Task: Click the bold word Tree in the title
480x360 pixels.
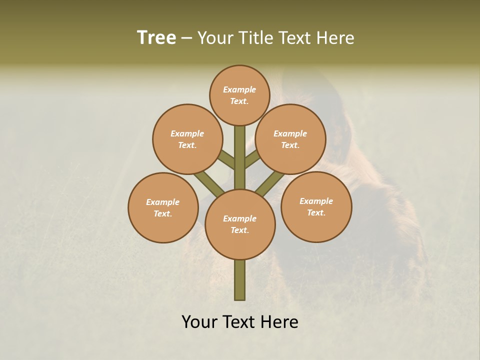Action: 156,38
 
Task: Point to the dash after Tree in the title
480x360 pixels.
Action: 187,38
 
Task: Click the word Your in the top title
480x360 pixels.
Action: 214,38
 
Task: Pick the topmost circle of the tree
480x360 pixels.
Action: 239,95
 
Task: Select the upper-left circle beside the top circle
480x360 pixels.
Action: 187,139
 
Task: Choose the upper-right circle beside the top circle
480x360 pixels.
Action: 290,139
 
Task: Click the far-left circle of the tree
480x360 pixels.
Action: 163,207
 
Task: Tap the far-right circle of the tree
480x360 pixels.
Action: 316,206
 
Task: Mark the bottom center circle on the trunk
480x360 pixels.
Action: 240,224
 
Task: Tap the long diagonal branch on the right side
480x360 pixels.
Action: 270,183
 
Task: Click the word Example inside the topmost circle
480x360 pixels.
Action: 239,89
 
